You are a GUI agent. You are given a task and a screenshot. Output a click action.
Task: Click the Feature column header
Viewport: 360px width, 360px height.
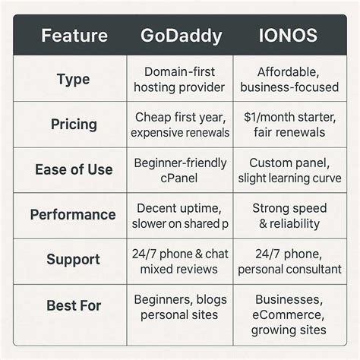click(x=74, y=36)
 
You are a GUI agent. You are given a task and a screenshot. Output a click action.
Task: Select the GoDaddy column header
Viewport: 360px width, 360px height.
click(x=182, y=36)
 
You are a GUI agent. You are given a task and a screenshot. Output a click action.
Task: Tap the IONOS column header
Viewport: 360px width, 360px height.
click(x=288, y=35)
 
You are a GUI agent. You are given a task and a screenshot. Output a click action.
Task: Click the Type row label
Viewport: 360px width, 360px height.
click(x=74, y=80)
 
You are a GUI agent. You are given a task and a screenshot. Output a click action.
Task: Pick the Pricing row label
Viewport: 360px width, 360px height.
click(x=74, y=125)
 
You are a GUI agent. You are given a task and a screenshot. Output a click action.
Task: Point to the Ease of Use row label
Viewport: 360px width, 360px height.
click(x=74, y=169)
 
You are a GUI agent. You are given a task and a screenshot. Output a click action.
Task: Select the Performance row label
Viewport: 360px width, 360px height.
click(x=73, y=215)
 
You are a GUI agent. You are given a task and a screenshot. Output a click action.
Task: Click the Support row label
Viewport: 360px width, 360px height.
click(x=74, y=260)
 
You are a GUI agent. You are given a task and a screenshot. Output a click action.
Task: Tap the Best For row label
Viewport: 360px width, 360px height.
click(x=74, y=305)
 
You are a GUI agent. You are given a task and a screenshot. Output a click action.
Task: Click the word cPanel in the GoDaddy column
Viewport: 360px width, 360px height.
click(x=179, y=178)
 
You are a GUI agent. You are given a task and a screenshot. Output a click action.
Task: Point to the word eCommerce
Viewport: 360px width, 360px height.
click(x=289, y=315)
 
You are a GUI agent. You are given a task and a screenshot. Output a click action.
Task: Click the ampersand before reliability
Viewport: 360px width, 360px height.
click(x=263, y=224)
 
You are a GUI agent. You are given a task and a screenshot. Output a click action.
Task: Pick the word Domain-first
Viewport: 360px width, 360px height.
click(x=179, y=72)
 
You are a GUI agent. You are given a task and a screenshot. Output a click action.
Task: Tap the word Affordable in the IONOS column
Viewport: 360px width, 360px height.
click(x=288, y=72)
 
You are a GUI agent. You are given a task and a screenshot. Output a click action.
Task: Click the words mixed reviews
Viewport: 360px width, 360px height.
click(x=179, y=270)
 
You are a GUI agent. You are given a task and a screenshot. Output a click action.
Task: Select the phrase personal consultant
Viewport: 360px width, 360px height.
click(x=289, y=270)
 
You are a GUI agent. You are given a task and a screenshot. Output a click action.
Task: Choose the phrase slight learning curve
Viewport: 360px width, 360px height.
click(x=289, y=178)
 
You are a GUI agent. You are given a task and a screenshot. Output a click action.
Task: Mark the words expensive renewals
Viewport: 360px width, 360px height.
click(x=180, y=133)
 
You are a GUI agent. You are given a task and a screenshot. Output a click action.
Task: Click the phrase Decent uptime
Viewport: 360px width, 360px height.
click(x=179, y=209)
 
